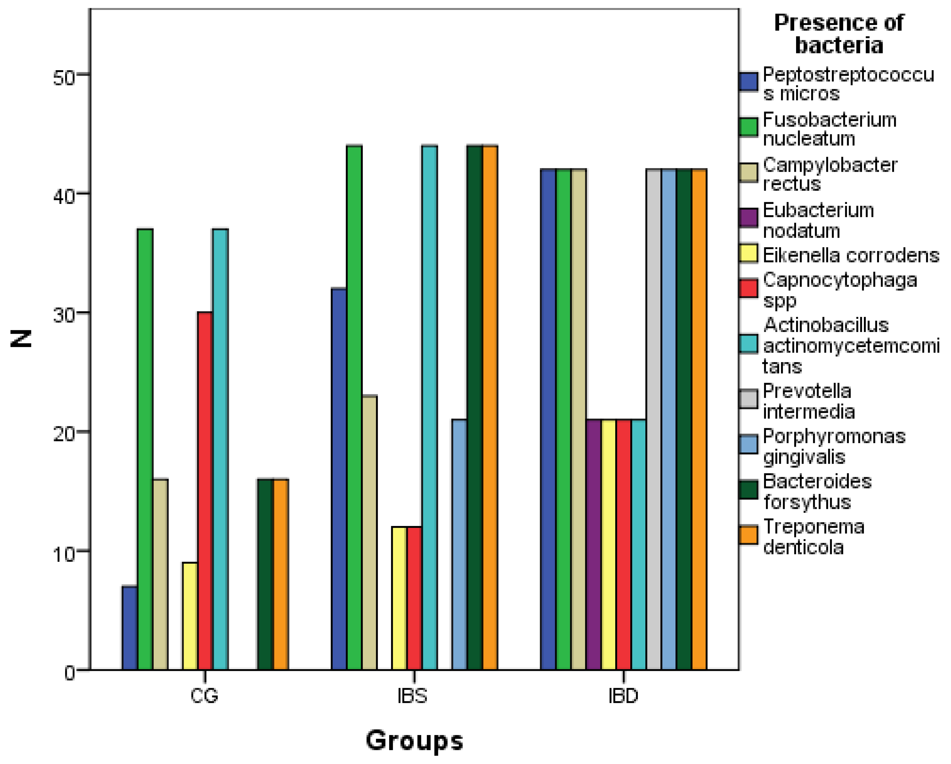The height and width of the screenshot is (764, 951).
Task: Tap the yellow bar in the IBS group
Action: (x=399, y=598)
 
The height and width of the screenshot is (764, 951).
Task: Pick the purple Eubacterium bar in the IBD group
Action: (x=594, y=544)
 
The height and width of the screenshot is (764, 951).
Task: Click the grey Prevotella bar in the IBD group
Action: (x=654, y=419)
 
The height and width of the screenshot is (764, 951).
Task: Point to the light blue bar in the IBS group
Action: (x=459, y=544)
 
